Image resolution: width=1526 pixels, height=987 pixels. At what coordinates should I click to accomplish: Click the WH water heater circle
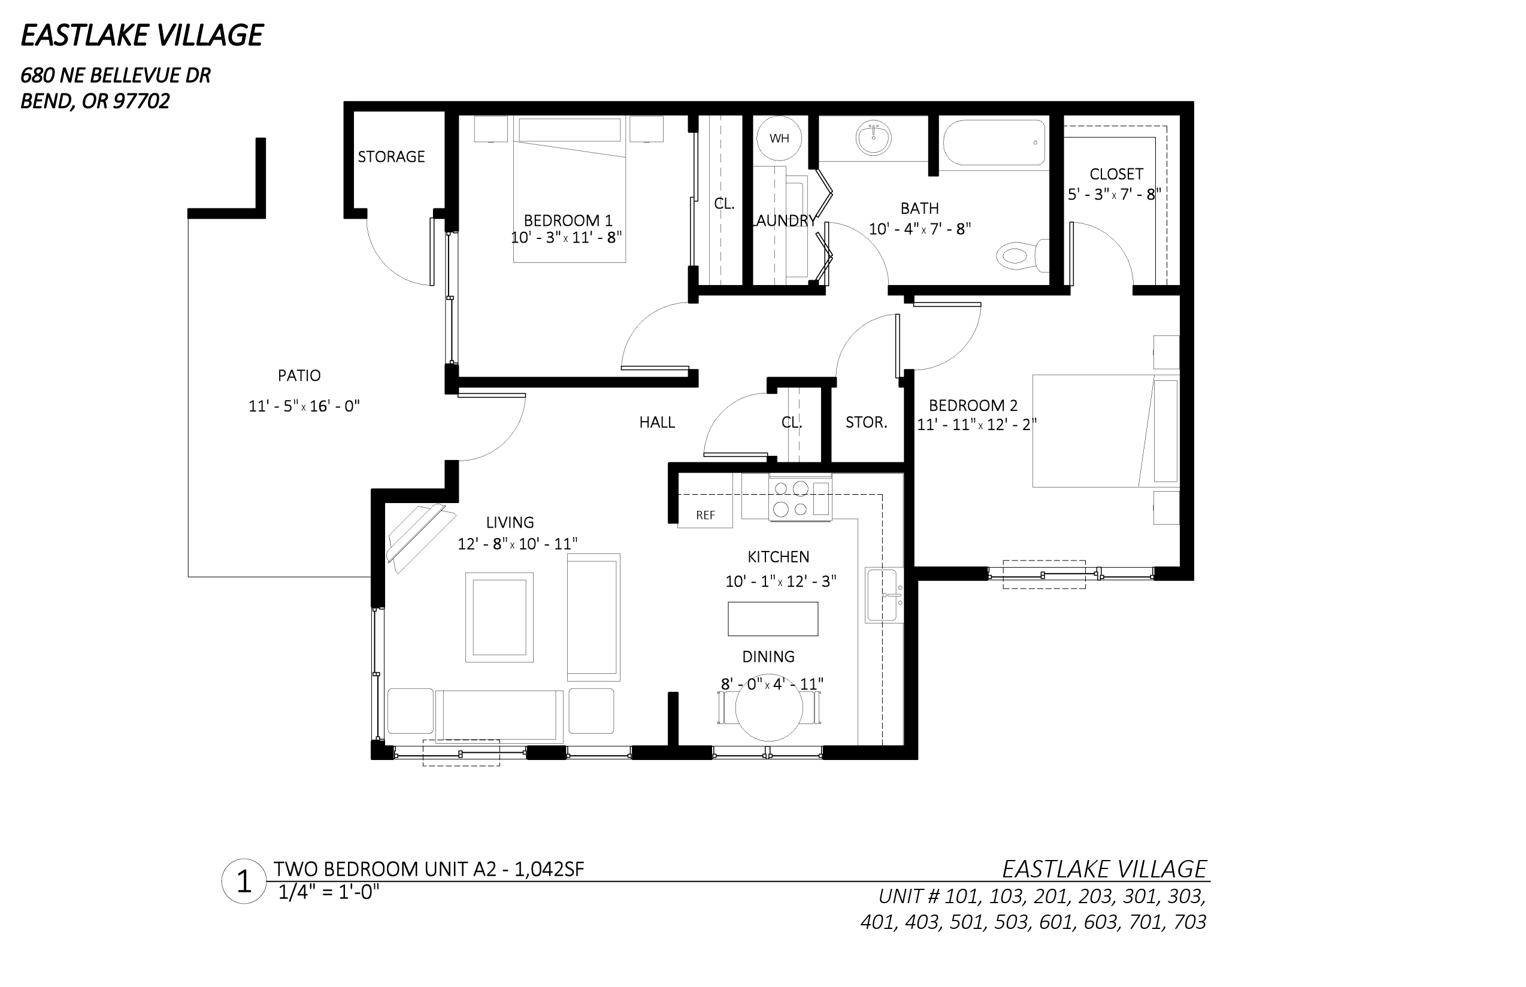[779, 138]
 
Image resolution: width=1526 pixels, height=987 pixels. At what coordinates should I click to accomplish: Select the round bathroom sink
[873, 138]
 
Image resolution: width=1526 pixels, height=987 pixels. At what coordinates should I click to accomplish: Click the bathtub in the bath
[994, 144]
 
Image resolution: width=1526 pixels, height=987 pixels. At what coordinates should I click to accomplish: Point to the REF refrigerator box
[705, 514]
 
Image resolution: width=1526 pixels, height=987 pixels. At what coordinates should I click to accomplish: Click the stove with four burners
[800, 498]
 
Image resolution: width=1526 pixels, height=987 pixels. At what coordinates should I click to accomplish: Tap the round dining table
[768, 708]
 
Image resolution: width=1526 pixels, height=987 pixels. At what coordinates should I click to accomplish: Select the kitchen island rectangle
[773, 619]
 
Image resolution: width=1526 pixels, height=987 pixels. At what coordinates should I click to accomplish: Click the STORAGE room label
[391, 157]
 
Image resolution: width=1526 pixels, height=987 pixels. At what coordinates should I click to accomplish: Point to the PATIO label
[299, 376]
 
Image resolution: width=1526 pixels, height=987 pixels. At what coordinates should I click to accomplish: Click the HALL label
[657, 422]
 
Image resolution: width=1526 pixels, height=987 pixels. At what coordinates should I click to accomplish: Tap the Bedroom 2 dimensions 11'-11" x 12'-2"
[977, 424]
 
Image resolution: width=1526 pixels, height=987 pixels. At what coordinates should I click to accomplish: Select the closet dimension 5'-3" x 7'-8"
[1115, 194]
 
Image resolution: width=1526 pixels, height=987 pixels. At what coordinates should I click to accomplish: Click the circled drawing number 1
[244, 881]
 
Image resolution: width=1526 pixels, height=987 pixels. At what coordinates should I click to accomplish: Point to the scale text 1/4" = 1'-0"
[329, 892]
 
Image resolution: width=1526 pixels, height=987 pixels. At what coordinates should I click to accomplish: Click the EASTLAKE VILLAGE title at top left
[142, 35]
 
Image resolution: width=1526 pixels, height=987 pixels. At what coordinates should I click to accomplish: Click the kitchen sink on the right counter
[884, 595]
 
